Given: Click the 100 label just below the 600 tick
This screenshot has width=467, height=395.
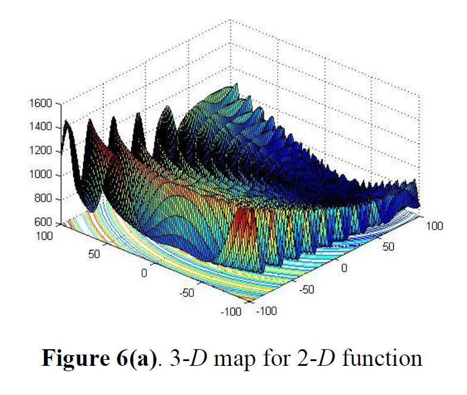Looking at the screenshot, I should click(45, 236).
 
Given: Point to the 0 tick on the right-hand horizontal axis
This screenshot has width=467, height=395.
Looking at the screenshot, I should click(344, 268).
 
